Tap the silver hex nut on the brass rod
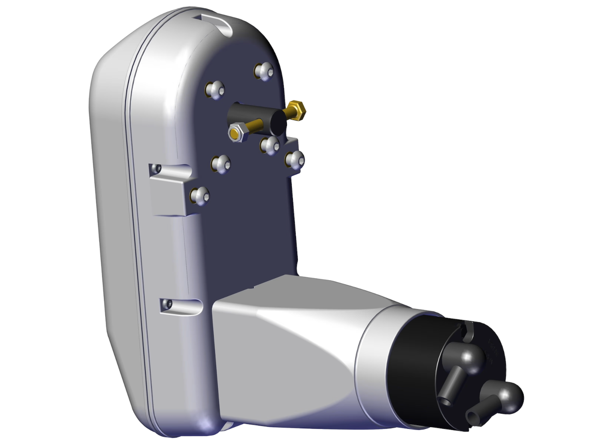(x=235, y=133)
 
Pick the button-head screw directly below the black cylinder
(x=270, y=146)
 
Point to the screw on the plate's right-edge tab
(x=294, y=159)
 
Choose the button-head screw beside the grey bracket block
(x=200, y=196)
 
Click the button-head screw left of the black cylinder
(x=215, y=90)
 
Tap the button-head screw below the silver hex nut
(x=221, y=163)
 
